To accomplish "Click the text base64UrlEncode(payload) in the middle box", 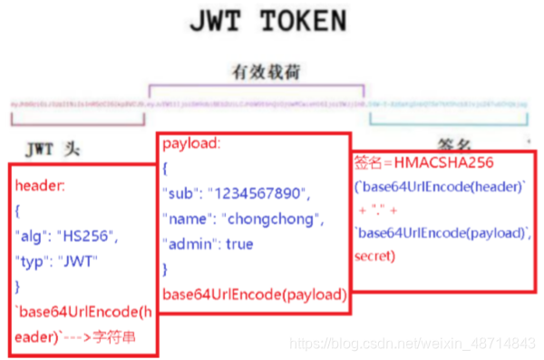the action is (254, 293).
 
